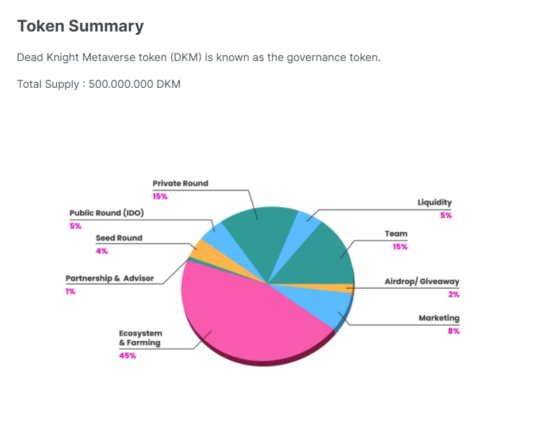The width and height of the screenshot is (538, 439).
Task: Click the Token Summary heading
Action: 80,26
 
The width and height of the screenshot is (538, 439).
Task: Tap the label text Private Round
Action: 180,183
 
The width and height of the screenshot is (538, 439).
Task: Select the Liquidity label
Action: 435,202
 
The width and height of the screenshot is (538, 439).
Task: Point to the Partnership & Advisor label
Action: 109,278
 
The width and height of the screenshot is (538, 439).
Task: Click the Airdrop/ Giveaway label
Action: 422,281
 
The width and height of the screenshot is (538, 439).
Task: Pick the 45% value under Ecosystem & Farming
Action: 127,356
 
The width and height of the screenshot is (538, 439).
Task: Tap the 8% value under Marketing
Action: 453,331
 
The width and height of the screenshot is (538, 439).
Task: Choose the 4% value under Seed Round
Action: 101,251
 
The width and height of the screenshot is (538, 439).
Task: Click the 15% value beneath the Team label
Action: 400,247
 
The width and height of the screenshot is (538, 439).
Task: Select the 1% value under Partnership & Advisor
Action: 70,292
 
